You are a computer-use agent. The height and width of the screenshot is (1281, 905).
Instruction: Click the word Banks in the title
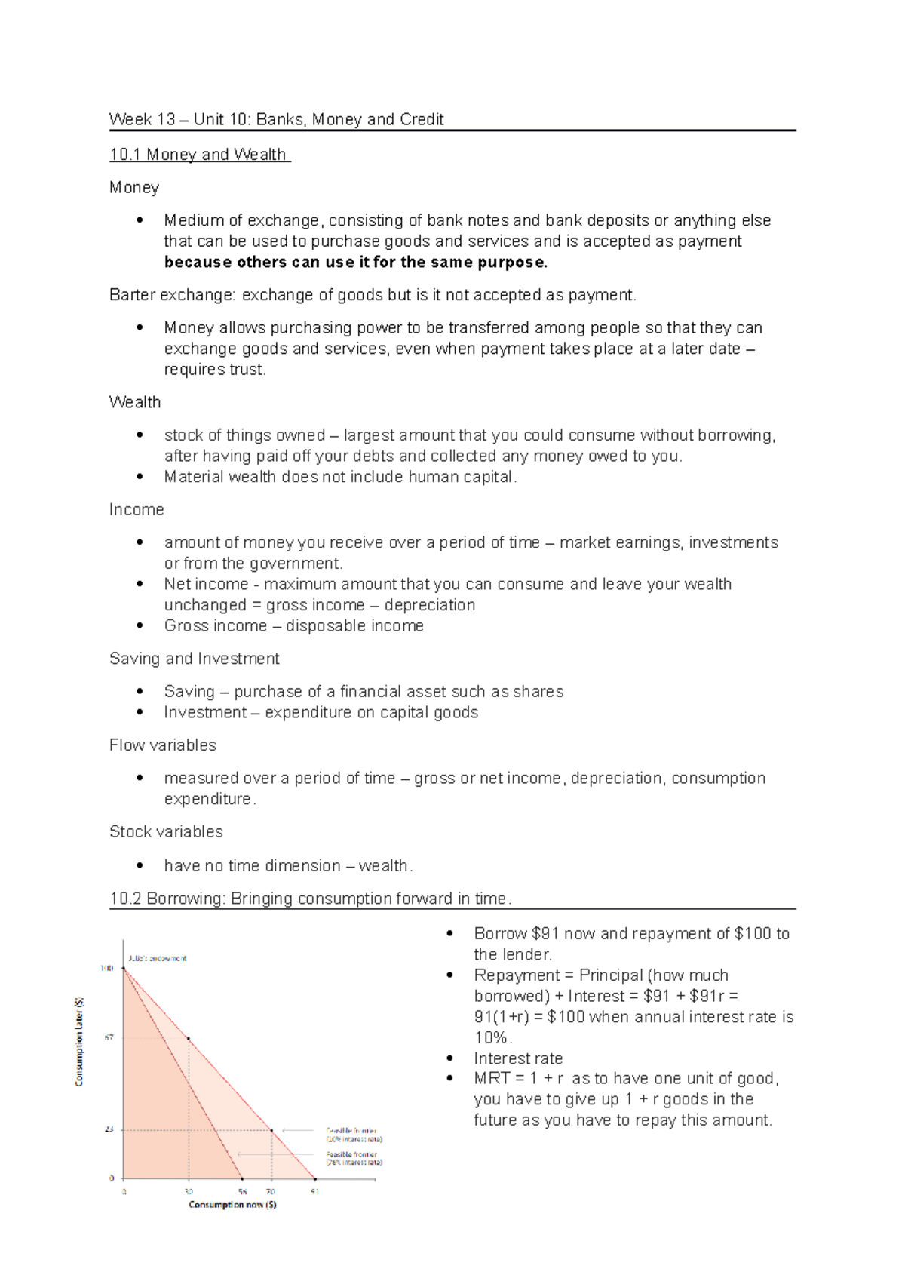280,119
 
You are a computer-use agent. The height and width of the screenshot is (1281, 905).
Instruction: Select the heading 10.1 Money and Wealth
198,155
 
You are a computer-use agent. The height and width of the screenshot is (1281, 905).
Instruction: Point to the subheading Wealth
135,402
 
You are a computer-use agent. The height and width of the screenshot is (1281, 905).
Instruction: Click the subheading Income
137,510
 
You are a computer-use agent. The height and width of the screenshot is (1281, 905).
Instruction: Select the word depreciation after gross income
430,605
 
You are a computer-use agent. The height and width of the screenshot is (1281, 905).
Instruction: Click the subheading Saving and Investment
194,659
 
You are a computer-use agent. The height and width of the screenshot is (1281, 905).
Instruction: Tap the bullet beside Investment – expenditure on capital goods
139,712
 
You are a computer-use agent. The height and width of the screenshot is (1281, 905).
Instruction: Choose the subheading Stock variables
166,831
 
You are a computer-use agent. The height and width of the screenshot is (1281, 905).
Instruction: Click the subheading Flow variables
163,745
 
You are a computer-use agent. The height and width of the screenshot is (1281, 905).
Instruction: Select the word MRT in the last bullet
492,1079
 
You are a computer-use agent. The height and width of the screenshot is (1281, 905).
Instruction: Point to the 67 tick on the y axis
109,1038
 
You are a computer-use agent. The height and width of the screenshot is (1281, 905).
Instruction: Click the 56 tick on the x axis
242,1192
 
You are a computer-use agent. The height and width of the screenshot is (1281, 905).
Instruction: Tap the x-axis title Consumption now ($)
232,1205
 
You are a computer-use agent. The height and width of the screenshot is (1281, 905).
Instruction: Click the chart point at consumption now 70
271,1130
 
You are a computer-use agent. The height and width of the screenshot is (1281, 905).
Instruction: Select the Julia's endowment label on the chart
158,958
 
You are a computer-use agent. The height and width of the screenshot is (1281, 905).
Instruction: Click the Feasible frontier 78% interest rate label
354,1158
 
